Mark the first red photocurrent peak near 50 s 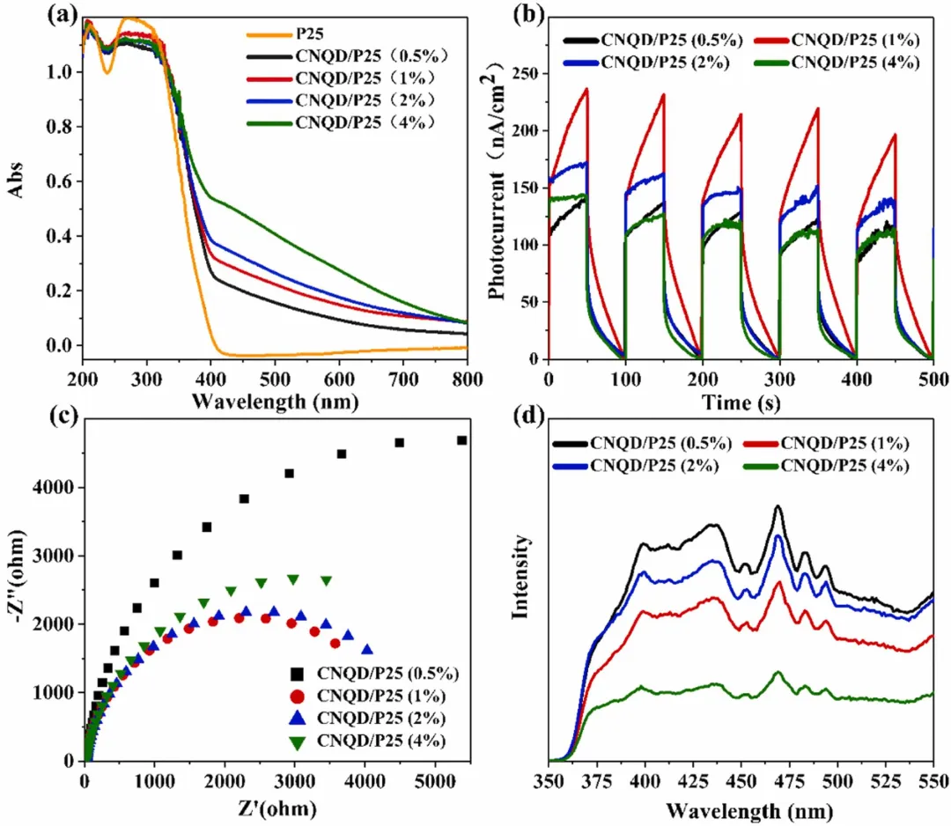(586, 88)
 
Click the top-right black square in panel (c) (461, 440)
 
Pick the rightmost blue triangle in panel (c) (367, 650)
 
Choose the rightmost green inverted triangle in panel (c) (327, 581)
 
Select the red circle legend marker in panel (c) (301, 697)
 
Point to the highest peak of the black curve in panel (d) (778, 506)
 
